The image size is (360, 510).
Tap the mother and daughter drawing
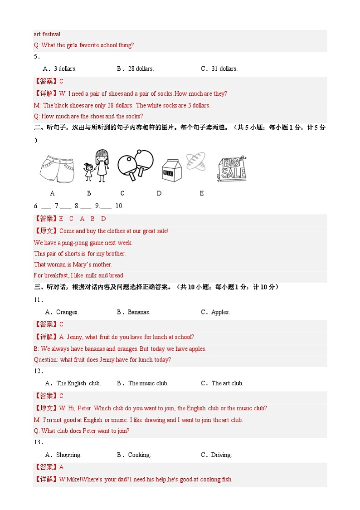pyautogui.click(x=97, y=166)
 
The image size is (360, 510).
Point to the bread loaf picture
pyautogui.click(x=196, y=162)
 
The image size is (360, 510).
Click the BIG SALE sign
pyautogui.click(x=231, y=169)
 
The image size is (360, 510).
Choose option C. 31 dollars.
pyautogui.click(x=219, y=69)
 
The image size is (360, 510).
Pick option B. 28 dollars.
pyautogui.click(x=135, y=69)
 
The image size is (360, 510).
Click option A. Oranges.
pyautogui.click(x=62, y=312)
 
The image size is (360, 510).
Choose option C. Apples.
pyautogui.click(x=215, y=312)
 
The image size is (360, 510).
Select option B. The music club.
pyautogui.click(x=142, y=383)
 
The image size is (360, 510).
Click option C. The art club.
pyautogui.click(x=222, y=383)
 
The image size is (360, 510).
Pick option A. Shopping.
pyautogui.click(x=63, y=455)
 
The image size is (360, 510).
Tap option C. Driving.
pyautogui.click(x=216, y=455)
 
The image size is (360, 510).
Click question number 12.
pyautogui.click(x=38, y=371)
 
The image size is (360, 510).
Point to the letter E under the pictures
pyautogui.click(x=202, y=193)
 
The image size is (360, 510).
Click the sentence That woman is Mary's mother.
pyautogui.click(x=73, y=265)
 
